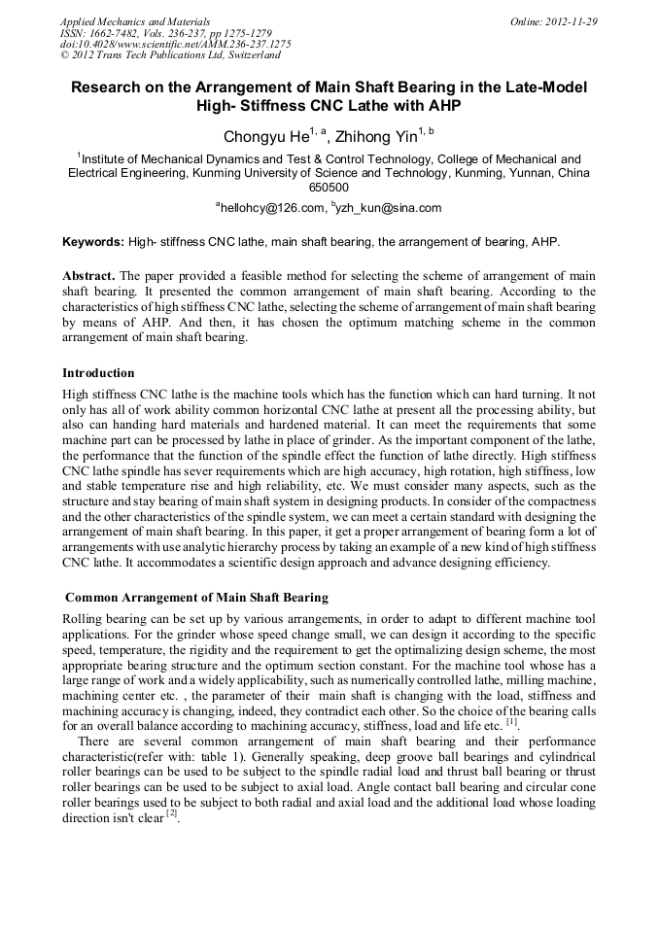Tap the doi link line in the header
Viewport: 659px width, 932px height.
(175, 45)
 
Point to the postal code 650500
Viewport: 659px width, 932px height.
(329, 187)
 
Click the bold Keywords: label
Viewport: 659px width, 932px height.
(93, 241)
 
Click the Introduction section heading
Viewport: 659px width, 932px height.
(98, 372)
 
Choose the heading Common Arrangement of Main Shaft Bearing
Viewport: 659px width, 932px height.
(196, 597)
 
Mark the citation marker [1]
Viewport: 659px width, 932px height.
(511, 720)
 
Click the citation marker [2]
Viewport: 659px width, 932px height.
(172, 812)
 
